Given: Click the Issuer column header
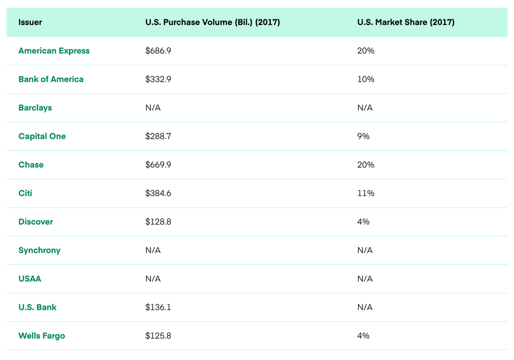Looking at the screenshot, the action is click(30, 22).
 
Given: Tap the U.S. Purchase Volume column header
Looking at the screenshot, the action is click(213, 22).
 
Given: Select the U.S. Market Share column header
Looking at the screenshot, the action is click(406, 22).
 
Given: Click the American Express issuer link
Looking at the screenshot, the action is click(54, 51).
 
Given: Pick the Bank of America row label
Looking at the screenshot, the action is click(51, 79).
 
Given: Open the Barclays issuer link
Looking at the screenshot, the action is click(35, 108).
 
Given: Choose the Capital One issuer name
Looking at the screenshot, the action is click(42, 137).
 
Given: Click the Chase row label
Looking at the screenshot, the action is click(31, 164).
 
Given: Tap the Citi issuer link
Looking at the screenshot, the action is click(25, 193).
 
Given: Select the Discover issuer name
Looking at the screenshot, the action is click(36, 222).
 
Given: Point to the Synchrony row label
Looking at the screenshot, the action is click(39, 251).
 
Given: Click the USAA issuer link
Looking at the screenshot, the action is click(30, 279).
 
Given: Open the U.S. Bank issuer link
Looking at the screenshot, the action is click(37, 307).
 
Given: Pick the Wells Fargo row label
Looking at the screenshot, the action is click(42, 336).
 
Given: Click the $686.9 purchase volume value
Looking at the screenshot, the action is click(158, 51).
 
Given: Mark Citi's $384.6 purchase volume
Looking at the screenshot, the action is click(158, 193).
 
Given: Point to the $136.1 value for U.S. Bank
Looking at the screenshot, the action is click(158, 307).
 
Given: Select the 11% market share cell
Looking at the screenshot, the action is click(366, 193).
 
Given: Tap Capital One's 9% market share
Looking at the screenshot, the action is click(363, 137).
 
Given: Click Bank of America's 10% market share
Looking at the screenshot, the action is click(366, 79).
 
